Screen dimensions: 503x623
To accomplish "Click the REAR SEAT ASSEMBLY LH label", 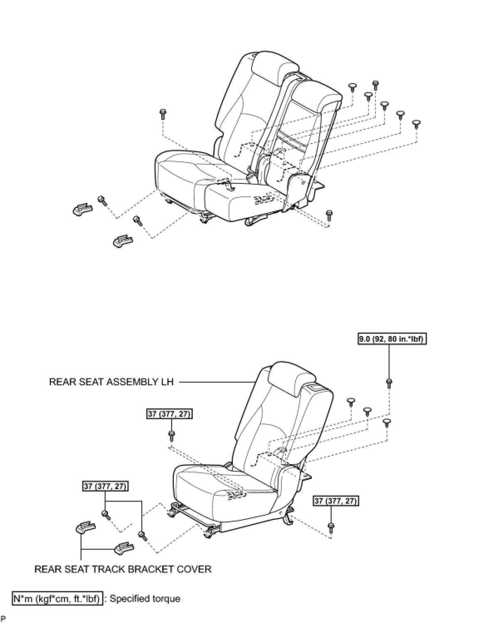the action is click(111, 382).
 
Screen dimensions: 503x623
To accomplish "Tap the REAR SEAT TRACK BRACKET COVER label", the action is click(123, 569).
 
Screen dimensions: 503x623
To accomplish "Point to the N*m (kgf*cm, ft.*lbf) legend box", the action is click(57, 598).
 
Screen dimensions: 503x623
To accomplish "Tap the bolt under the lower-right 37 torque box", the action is click(331, 528).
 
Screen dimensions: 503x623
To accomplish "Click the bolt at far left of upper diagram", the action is click(102, 200).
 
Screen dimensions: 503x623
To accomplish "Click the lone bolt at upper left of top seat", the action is click(162, 113).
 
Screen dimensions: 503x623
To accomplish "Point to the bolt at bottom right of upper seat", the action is click(329, 214).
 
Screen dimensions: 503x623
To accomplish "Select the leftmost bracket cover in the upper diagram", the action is click(81, 209).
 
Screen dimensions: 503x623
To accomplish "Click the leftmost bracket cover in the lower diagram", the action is click(85, 528).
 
